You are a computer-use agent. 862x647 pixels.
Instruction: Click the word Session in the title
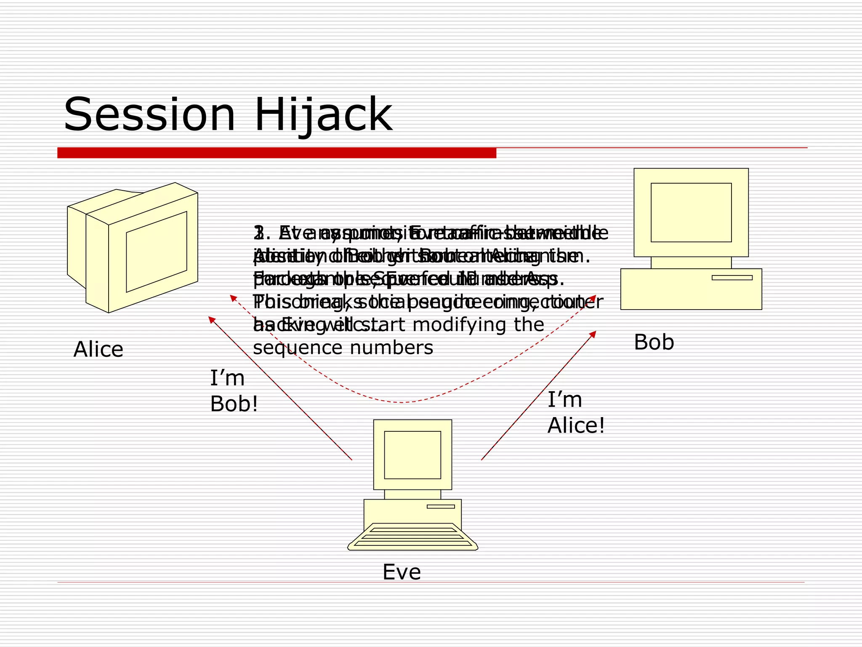(x=149, y=115)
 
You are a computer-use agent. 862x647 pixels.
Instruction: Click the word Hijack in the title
(x=323, y=115)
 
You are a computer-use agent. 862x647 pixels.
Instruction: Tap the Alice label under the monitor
(x=98, y=349)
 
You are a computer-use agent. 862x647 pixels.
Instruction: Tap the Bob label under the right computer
(x=654, y=342)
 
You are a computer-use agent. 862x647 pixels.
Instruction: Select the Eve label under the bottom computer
(x=402, y=572)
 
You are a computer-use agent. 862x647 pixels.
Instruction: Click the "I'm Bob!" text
(x=234, y=391)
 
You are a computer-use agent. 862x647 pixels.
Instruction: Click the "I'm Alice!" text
(x=576, y=412)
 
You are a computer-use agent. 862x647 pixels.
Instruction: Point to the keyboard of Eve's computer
(x=412, y=537)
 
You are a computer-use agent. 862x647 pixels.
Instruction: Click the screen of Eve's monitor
(x=412, y=455)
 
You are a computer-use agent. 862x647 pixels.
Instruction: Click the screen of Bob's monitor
(x=691, y=212)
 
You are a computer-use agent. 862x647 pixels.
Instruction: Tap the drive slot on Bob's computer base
(x=732, y=278)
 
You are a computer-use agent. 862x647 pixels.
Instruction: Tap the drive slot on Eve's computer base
(x=441, y=506)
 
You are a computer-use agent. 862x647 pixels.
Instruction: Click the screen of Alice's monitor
(x=157, y=251)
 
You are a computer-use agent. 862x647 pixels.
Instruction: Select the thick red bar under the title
(x=277, y=153)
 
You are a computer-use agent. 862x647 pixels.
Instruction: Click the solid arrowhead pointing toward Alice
(x=212, y=320)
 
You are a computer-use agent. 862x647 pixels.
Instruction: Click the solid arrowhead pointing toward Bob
(x=593, y=334)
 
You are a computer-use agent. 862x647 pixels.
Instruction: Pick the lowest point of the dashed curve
(x=402, y=403)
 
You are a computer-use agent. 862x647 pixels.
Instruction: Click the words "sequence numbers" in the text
(x=343, y=348)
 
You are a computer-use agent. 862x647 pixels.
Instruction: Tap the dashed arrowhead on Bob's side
(x=593, y=297)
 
